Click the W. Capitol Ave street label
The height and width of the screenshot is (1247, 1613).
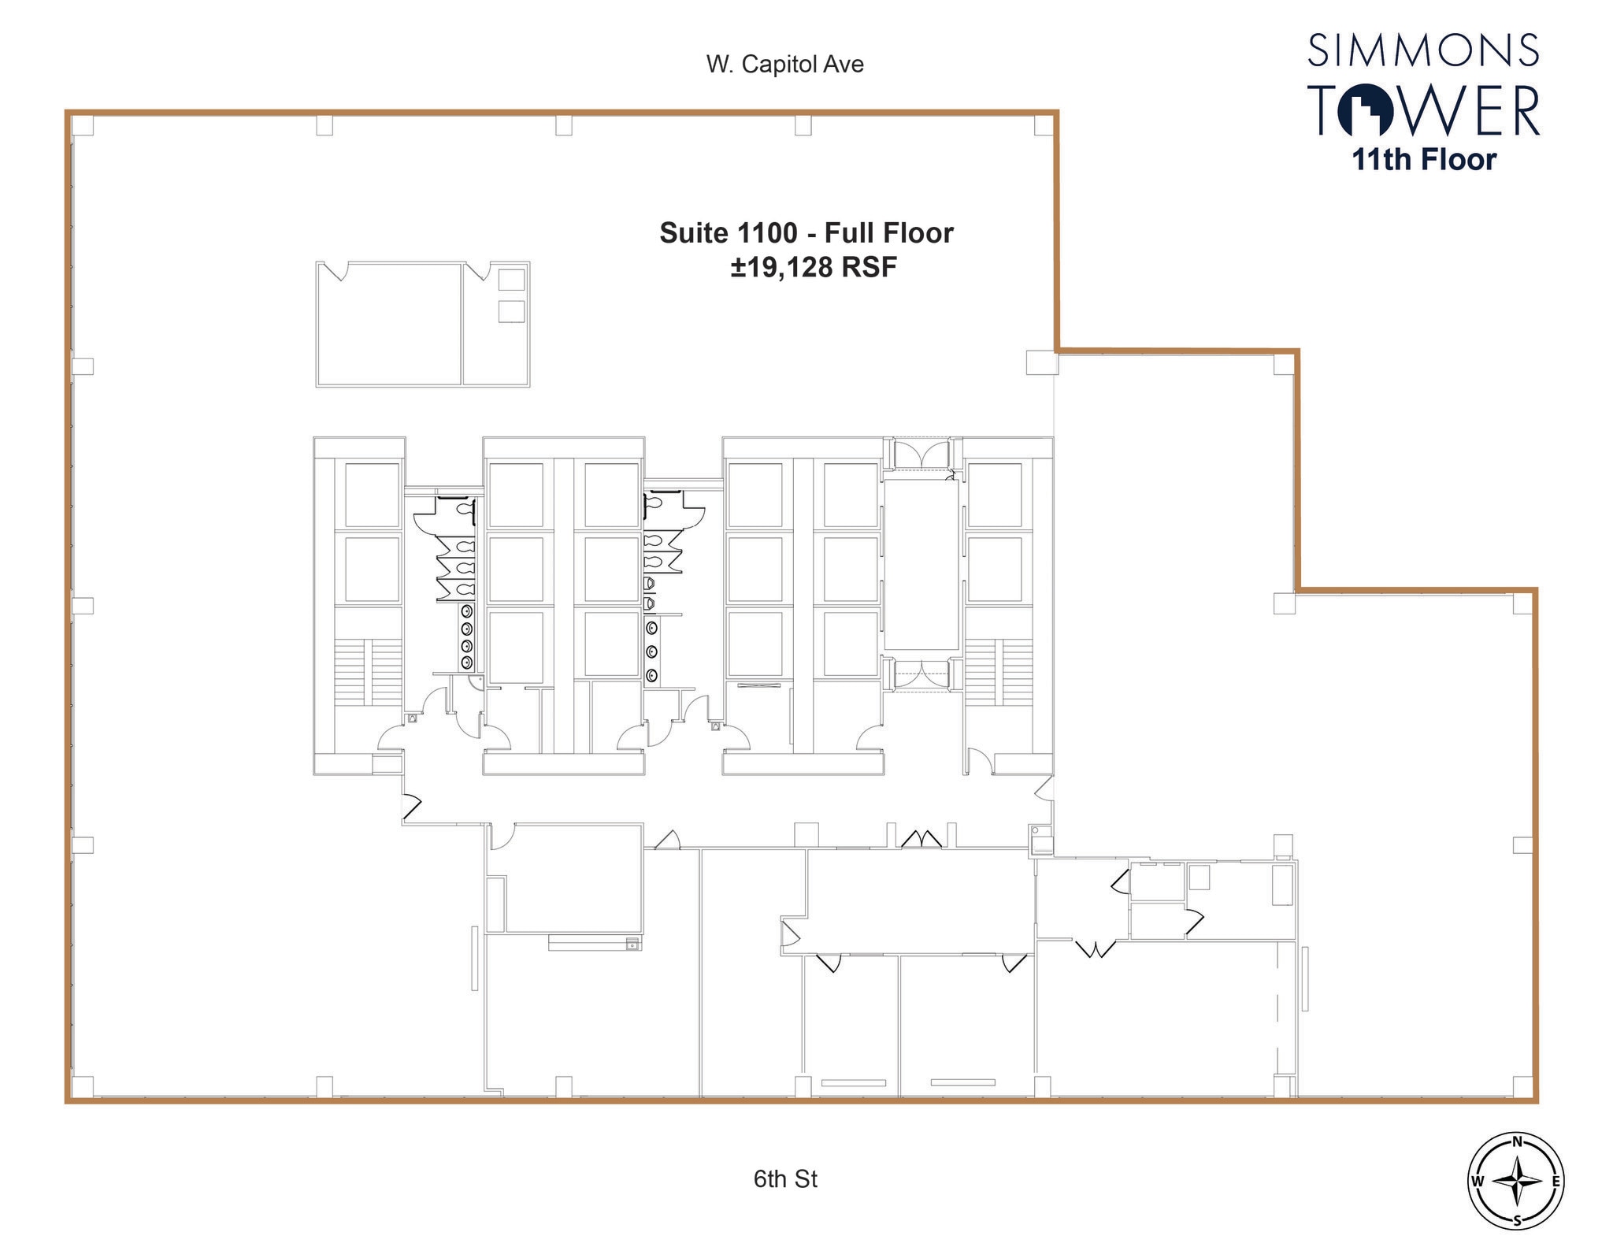point(784,65)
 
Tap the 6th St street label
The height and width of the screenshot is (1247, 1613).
point(784,1178)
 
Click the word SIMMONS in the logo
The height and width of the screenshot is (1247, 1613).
point(1423,50)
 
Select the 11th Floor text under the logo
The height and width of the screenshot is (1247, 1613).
point(1423,160)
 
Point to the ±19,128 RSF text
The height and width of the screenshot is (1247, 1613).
point(814,268)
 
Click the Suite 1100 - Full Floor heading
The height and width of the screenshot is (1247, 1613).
point(806,233)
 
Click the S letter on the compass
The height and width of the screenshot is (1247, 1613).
point(1516,1222)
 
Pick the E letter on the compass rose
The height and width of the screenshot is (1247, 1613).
point(1556,1182)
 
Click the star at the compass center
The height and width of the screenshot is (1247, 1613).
point(1516,1182)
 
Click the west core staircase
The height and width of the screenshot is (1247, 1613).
point(368,672)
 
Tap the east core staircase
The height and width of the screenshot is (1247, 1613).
point(999,672)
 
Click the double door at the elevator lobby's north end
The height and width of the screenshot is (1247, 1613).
point(921,455)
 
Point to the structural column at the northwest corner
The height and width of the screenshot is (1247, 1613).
point(83,125)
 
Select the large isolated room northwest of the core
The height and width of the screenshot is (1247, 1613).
point(388,325)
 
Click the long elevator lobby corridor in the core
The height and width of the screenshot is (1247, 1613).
point(921,565)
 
